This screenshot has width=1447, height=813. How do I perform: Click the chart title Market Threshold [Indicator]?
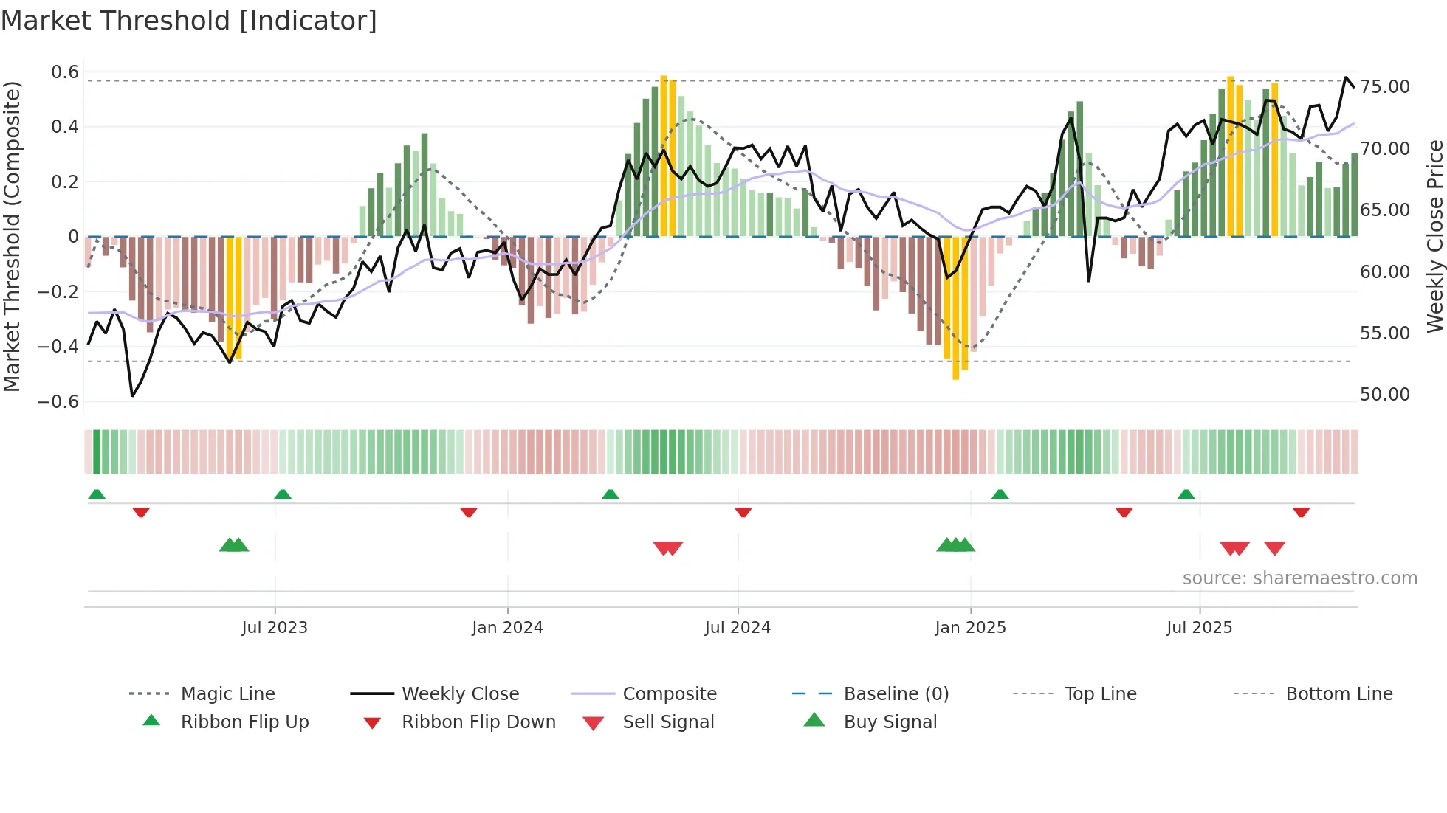(189, 21)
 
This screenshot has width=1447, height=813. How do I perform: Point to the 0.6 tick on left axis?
(64, 72)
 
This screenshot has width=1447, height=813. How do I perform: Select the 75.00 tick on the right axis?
(1384, 87)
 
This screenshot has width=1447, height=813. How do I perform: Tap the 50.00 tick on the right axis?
(1384, 395)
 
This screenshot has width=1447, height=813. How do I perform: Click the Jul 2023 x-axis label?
(274, 628)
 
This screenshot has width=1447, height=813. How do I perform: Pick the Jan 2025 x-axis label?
(969, 628)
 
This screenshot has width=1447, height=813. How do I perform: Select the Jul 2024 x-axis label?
(737, 628)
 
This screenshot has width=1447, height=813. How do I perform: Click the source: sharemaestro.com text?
(1299, 578)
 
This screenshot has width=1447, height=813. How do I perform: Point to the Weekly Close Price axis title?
(1434, 236)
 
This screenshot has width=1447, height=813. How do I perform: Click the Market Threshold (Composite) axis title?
(11, 236)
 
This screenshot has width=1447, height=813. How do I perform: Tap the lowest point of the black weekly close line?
(133, 396)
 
